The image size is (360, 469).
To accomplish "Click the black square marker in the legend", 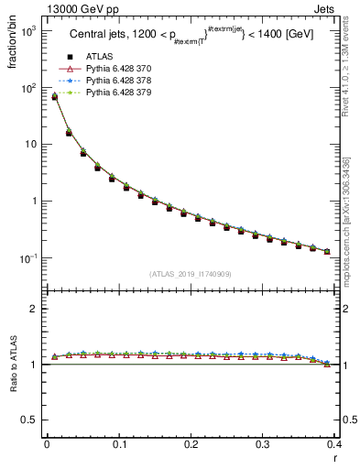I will click(x=70, y=56).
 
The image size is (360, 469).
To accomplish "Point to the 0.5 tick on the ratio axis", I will click(x=28, y=420).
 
